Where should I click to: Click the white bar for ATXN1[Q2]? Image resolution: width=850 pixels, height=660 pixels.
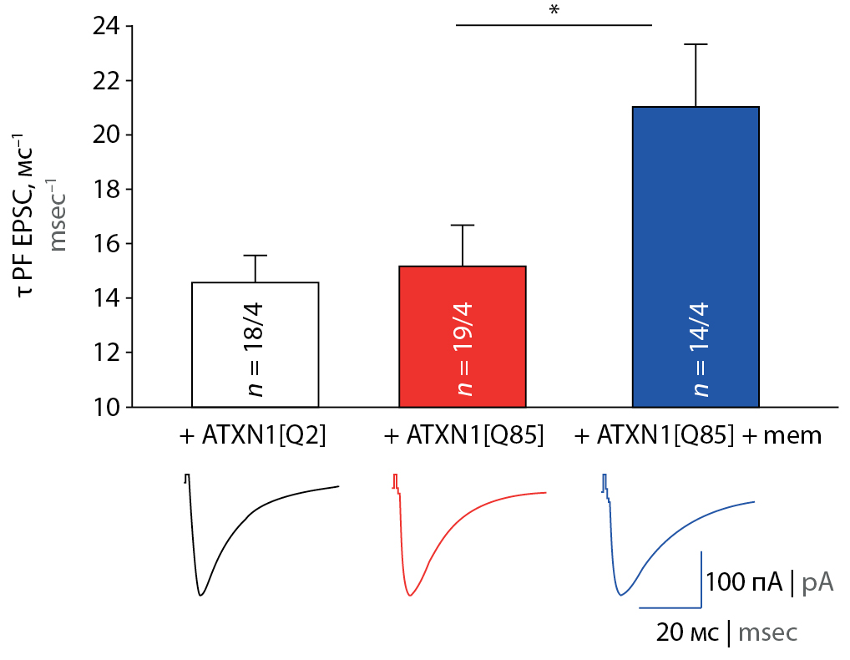pos(255,344)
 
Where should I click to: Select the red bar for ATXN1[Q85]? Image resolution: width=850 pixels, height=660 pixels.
pos(463,336)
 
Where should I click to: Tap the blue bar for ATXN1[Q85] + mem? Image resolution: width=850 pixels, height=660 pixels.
pos(696,257)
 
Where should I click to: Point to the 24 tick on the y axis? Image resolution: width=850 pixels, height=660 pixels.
pos(109,27)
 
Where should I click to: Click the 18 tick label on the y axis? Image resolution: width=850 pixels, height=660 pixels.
pos(109,190)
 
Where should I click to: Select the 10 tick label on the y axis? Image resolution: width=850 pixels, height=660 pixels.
pos(109,407)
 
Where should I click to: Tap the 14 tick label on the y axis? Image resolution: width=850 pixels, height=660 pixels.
pos(109,298)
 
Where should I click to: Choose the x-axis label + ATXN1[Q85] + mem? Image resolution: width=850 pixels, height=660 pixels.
pos(699,435)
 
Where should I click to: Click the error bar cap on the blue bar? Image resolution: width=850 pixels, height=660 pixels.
pos(696,44)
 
